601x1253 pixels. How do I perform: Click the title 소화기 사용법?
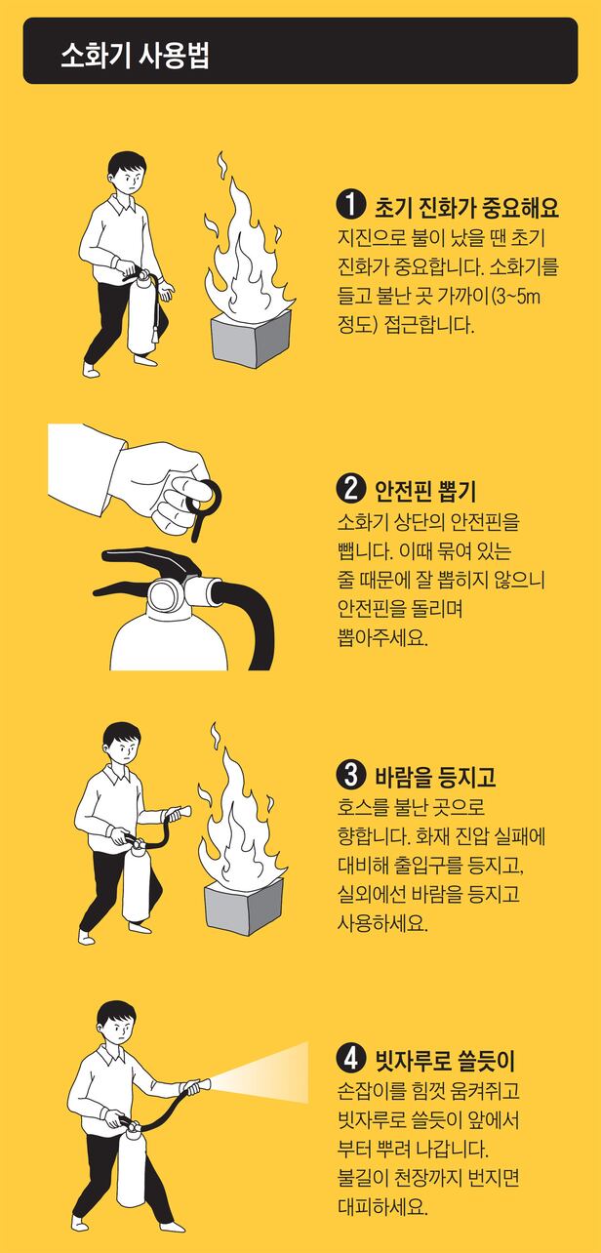(x=135, y=56)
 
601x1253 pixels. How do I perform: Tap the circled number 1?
(x=350, y=205)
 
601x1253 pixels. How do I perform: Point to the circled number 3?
(x=350, y=775)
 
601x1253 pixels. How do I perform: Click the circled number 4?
(x=350, y=1059)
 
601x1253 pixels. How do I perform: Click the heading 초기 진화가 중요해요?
(x=466, y=207)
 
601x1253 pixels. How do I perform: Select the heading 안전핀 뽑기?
(x=424, y=490)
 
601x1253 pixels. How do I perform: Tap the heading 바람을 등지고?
(x=434, y=777)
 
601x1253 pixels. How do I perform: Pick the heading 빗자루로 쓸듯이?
(x=444, y=1060)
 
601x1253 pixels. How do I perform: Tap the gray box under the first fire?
(x=251, y=339)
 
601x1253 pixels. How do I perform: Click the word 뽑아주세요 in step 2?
(x=382, y=636)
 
